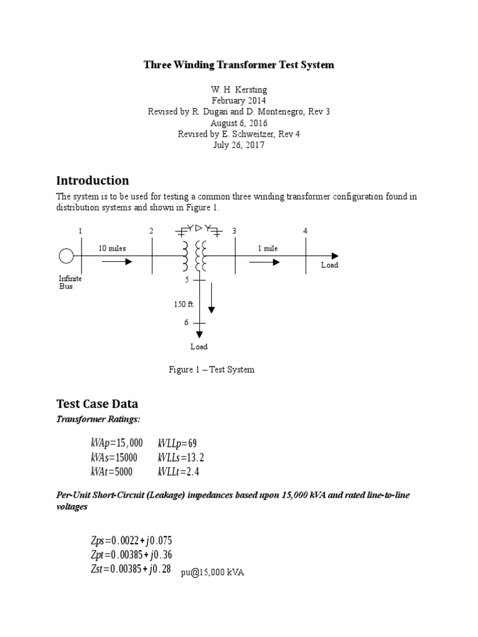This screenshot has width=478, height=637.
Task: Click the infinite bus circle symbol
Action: [65, 256]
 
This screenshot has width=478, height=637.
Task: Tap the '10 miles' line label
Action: [112, 248]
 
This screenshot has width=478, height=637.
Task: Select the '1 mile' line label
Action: [268, 248]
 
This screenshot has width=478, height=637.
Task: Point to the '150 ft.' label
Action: [184, 304]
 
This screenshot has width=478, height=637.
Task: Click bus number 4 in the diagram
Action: [305, 231]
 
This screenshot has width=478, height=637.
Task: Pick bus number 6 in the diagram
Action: [185, 322]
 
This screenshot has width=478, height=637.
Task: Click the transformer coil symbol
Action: [193, 256]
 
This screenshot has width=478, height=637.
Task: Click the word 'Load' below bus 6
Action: [199, 346]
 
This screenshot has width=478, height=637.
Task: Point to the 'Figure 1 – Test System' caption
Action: [212, 370]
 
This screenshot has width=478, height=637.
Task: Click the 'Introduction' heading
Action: [93, 180]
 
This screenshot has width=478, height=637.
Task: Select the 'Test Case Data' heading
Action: [97, 403]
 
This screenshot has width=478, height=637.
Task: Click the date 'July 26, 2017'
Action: [238, 145]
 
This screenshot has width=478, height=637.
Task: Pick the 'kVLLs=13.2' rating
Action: [181, 457]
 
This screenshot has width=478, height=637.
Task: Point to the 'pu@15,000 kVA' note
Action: [212, 573]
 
